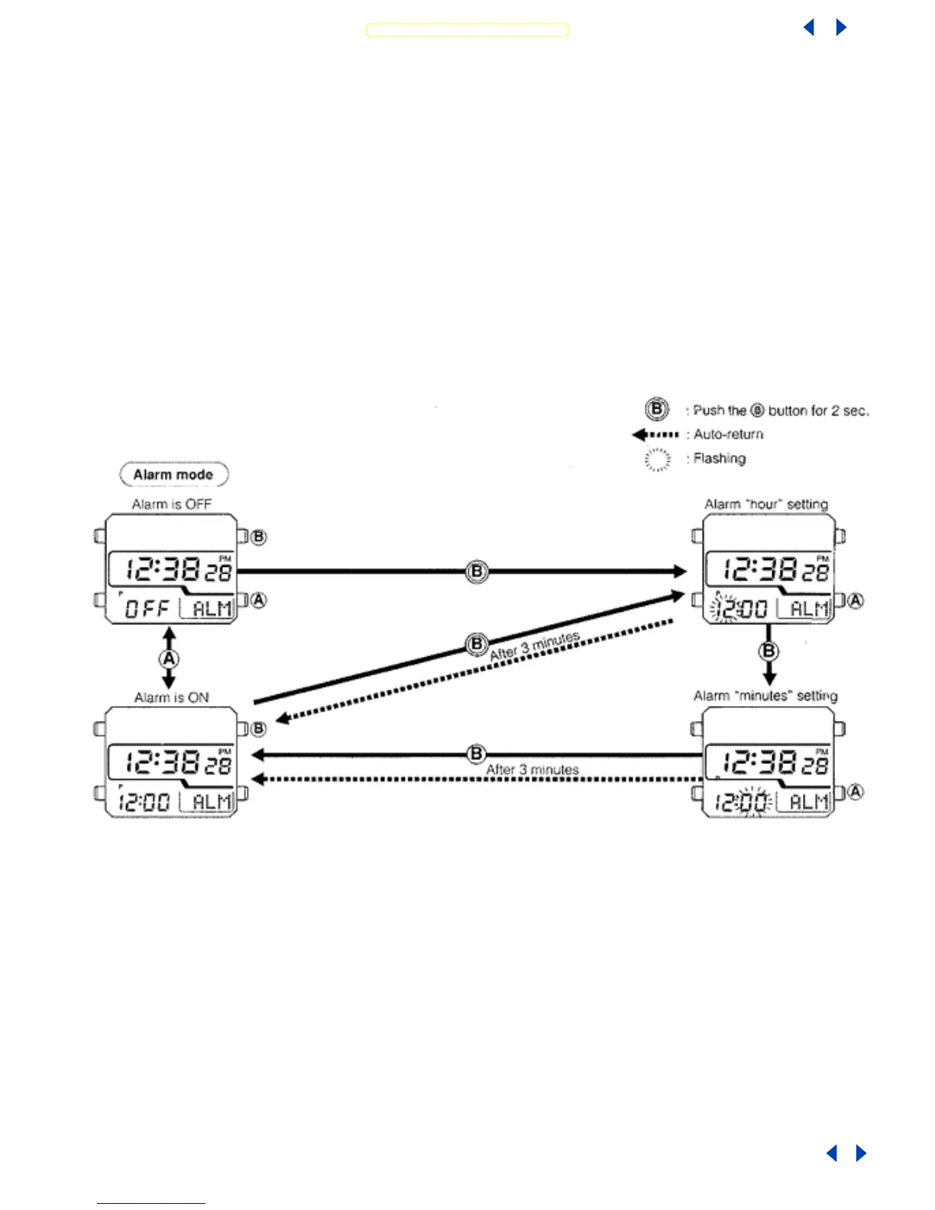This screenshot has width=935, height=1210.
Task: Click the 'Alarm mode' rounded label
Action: (173, 474)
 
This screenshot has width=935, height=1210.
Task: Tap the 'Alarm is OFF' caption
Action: (171, 504)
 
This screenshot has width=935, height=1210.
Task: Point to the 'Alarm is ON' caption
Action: (171, 697)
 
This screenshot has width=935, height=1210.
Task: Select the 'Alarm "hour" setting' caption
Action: (765, 504)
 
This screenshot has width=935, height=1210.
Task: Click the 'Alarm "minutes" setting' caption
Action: (765, 696)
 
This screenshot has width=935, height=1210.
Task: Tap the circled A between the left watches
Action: (169, 659)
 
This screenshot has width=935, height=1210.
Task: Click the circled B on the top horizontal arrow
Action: (476, 571)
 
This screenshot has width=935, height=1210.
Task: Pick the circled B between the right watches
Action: (768, 652)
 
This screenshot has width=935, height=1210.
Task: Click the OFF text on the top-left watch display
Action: (147, 609)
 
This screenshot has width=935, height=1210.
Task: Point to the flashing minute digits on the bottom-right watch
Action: (754, 802)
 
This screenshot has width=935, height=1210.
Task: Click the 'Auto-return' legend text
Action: (728, 435)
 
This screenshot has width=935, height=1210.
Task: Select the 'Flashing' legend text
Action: (719, 458)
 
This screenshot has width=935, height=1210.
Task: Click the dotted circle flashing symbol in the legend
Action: (657, 459)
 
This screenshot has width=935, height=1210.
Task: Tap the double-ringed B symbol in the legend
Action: (656, 409)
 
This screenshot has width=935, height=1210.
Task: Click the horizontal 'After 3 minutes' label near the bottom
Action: (532, 769)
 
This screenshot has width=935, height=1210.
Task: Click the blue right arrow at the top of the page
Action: (841, 27)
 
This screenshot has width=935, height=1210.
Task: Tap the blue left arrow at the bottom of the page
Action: (832, 1153)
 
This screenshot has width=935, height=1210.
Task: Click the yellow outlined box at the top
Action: (467, 30)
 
